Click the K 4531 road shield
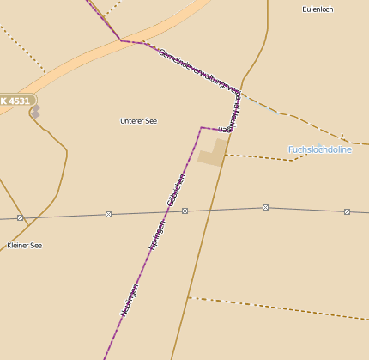(x=15, y=101)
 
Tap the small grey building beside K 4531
(x=35, y=110)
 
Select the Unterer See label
(x=138, y=121)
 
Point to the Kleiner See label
(x=24, y=246)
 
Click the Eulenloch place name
(x=318, y=9)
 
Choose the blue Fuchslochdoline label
(x=319, y=149)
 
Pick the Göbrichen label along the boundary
(x=176, y=190)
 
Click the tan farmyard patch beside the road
(x=212, y=152)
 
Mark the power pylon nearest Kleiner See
(x=20, y=218)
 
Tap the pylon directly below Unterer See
(x=108, y=214)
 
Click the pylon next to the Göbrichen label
(x=184, y=211)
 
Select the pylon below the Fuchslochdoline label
(x=265, y=207)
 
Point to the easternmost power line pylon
(x=347, y=211)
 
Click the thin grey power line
(x=223, y=209)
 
